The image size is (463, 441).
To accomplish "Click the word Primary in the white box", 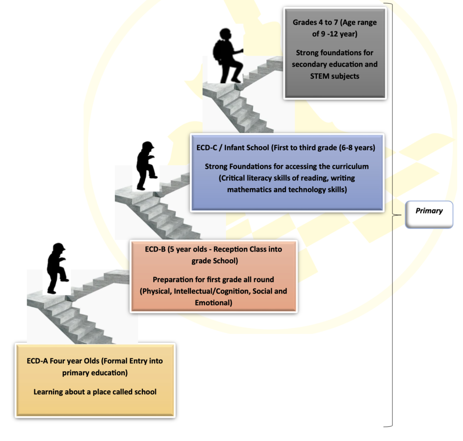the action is pos(429,211).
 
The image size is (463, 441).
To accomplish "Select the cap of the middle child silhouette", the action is pos(148,145).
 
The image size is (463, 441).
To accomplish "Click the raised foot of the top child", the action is pos(236,80).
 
